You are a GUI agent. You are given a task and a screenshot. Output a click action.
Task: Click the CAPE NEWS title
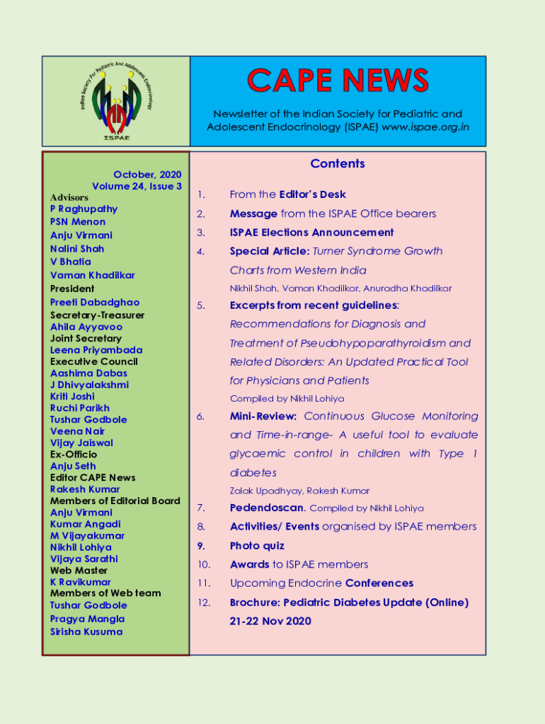(338, 81)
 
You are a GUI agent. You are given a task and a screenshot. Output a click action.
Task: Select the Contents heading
(338, 164)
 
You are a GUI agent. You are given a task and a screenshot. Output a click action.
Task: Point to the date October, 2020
(147, 175)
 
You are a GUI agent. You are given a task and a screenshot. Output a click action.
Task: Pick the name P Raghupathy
(84, 209)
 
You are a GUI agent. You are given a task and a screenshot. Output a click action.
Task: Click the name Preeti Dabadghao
(95, 303)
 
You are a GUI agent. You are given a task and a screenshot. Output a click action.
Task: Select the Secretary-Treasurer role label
(97, 315)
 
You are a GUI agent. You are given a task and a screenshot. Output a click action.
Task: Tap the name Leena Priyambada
(96, 350)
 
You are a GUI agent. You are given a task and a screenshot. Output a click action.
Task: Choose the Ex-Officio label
(74, 455)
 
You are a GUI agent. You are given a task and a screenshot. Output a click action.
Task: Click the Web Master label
(79, 571)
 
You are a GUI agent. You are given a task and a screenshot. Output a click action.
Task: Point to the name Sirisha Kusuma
(86, 632)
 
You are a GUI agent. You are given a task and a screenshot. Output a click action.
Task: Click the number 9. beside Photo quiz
(201, 546)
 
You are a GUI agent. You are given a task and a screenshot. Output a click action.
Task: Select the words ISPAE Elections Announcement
(311, 233)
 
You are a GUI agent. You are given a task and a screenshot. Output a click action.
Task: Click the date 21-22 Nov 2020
(270, 621)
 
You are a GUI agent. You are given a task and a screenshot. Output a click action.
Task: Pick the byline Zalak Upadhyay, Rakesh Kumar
(299, 491)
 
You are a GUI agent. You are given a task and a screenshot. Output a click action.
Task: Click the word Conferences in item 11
(379, 583)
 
